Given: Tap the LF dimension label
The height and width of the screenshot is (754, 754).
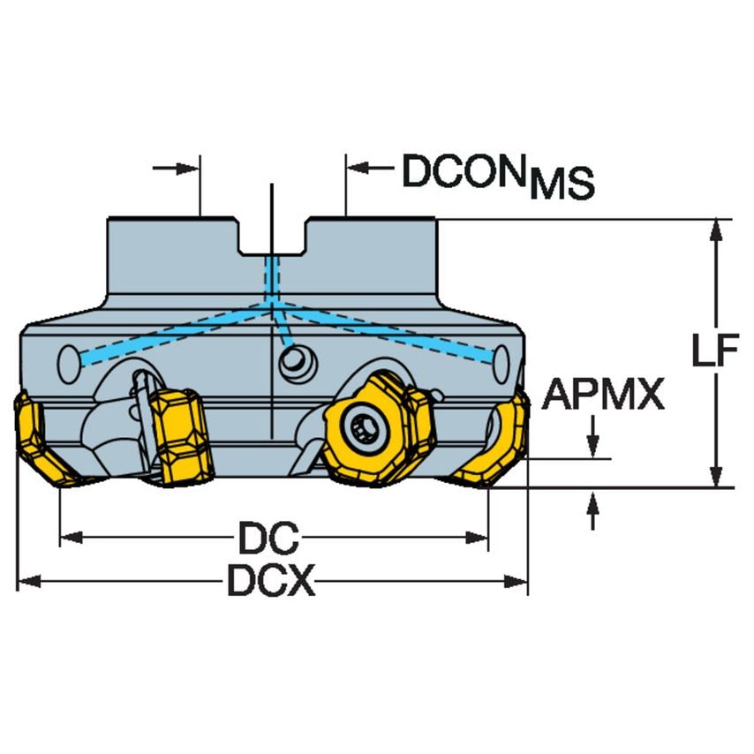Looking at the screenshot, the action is coord(714,350).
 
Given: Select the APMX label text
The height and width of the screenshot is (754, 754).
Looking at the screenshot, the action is coord(603,394).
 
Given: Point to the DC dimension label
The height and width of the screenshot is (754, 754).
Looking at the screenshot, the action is coord(268,537).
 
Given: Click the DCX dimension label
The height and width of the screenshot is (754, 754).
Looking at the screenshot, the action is coord(271,580).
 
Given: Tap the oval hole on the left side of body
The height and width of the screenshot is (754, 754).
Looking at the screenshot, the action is coord(69,364).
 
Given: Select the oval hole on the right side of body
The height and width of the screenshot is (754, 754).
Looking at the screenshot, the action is coord(501,364).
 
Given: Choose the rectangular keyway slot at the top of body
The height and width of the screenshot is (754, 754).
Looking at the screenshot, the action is coord(272,237).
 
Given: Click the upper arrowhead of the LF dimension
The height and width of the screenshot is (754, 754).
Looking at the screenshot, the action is coord(716,230).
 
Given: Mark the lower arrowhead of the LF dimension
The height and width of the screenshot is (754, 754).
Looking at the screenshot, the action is coord(716,476).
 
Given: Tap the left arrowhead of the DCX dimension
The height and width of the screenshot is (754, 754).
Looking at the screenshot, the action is coord(29,581).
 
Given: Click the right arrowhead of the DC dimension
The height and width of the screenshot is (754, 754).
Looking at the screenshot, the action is coord(477,538).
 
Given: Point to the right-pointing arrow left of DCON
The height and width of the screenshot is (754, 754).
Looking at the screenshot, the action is coord(176,169).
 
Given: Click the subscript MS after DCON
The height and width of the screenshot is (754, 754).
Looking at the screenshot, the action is coord(562,184).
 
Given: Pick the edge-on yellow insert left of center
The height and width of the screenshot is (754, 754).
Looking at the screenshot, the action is coord(181,437).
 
